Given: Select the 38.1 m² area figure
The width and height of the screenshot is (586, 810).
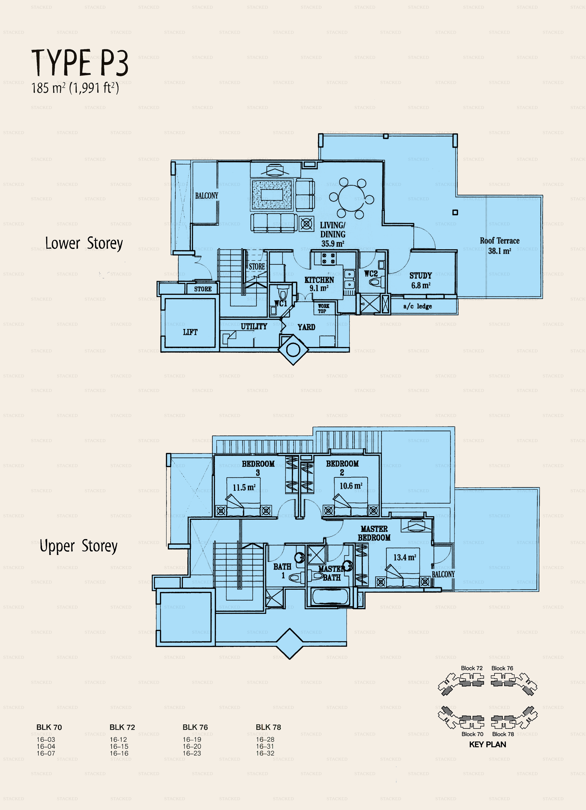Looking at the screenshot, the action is [x=500, y=251].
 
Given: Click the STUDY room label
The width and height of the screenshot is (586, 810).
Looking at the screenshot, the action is [x=420, y=276].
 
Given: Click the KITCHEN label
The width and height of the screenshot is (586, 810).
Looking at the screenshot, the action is [x=319, y=280].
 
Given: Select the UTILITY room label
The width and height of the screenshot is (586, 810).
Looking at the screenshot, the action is [x=254, y=326].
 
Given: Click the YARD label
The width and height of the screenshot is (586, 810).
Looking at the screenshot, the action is [x=306, y=327].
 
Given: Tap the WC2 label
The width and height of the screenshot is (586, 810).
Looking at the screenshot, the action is [x=371, y=274].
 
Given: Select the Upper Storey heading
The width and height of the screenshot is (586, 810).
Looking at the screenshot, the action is [x=79, y=546].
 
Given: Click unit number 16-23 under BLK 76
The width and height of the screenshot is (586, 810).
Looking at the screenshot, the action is [x=192, y=753].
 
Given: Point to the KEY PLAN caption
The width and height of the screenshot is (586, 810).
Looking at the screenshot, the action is [x=487, y=745].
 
